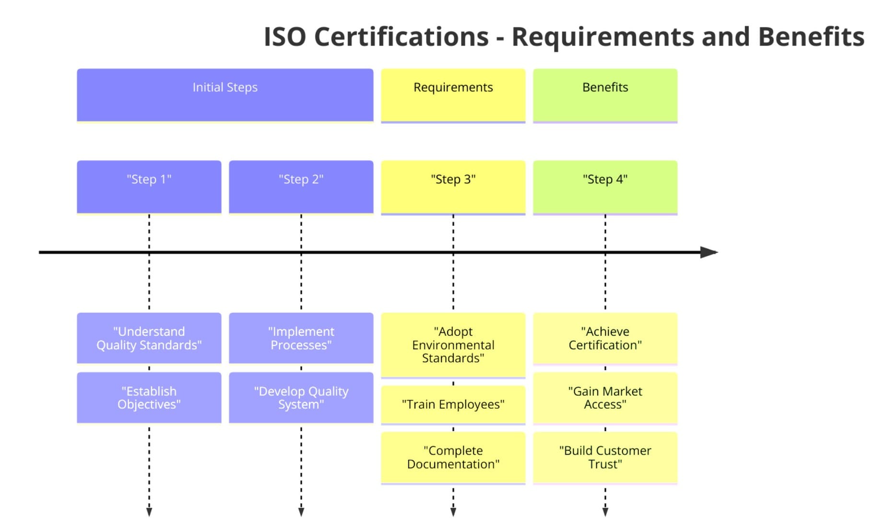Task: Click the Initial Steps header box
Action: click(x=225, y=95)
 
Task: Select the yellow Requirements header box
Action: click(x=453, y=95)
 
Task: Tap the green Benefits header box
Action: click(x=605, y=95)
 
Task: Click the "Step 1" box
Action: click(x=149, y=187)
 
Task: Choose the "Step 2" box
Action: click(x=301, y=187)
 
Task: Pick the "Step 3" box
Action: click(x=453, y=187)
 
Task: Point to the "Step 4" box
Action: click(x=605, y=187)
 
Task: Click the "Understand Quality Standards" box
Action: click(x=149, y=338)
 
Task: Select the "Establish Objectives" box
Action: click(x=149, y=398)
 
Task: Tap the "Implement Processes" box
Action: click(x=301, y=338)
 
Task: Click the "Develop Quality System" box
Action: click(x=301, y=398)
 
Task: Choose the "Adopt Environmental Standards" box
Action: click(x=453, y=345)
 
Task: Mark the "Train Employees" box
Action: click(x=453, y=404)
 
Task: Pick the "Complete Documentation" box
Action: click(x=453, y=457)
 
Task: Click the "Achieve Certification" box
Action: click(x=605, y=338)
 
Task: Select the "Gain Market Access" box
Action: click(x=605, y=398)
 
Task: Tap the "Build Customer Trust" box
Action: click(x=605, y=457)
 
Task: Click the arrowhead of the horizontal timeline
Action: click(x=709, y=252)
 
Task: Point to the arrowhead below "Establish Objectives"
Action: click(x=149, y=511)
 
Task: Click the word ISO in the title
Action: click(x=285, y=36)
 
